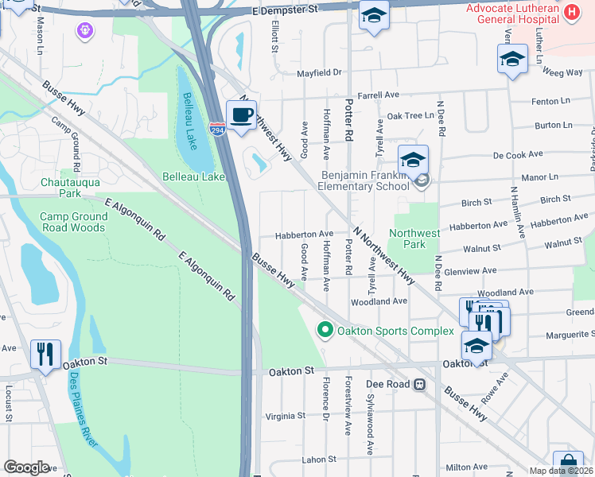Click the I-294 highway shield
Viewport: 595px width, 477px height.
(x=217, y=129)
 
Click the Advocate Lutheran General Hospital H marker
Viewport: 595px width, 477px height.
(x=571, y=12)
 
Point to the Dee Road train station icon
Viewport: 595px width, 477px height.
(x=419, y=384)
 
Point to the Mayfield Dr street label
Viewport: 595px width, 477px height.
(x=319, y=73)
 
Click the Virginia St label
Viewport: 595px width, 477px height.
(x=285, y=417)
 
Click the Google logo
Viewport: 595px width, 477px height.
(x=26, y=467)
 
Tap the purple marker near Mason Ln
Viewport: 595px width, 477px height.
(x=84, y=31)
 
